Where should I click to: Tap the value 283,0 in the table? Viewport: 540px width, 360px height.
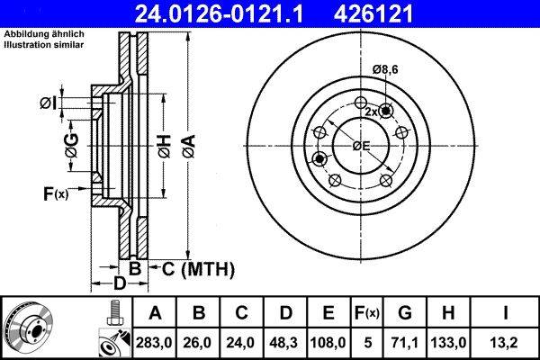coord(156,341)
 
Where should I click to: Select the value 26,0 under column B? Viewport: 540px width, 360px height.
coord(200,341)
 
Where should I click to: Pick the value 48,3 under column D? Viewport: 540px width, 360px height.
coord(286,341)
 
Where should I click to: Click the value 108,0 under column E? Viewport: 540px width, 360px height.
coord(329,341)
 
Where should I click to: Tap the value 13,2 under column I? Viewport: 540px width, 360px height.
coord(508,341)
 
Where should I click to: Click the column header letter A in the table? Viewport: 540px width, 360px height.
coord(156,313)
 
